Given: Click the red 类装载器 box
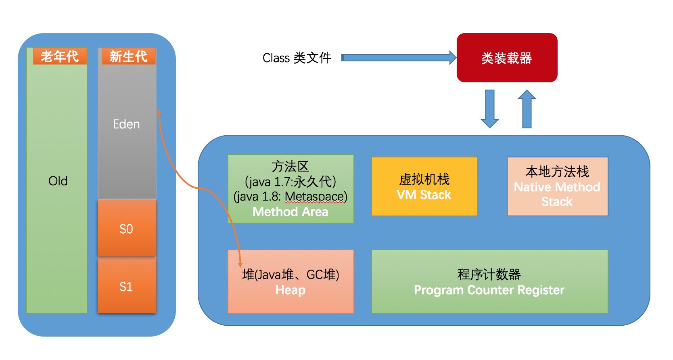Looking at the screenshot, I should [x=507, y=58].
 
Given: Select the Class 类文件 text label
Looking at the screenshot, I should [x=297, y=58].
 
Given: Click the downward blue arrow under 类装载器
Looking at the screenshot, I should [x=490, y=108].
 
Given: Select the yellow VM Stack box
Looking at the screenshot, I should [x=424, y=186].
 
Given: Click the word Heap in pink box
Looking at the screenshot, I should [x=290, y=290].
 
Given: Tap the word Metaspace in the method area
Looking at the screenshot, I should [x=314, y=197].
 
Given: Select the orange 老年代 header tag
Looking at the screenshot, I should [x=60, y=57].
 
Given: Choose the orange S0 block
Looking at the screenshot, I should [x=126, y=229].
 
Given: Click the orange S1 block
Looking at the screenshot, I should [x=126, y=287].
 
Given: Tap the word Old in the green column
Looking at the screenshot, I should [x=58, y=181].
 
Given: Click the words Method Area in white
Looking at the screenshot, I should [x=290, y=211].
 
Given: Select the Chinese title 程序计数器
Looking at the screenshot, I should [x=489, y=274].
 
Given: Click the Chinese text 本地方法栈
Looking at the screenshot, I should [x=557, y=172].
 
